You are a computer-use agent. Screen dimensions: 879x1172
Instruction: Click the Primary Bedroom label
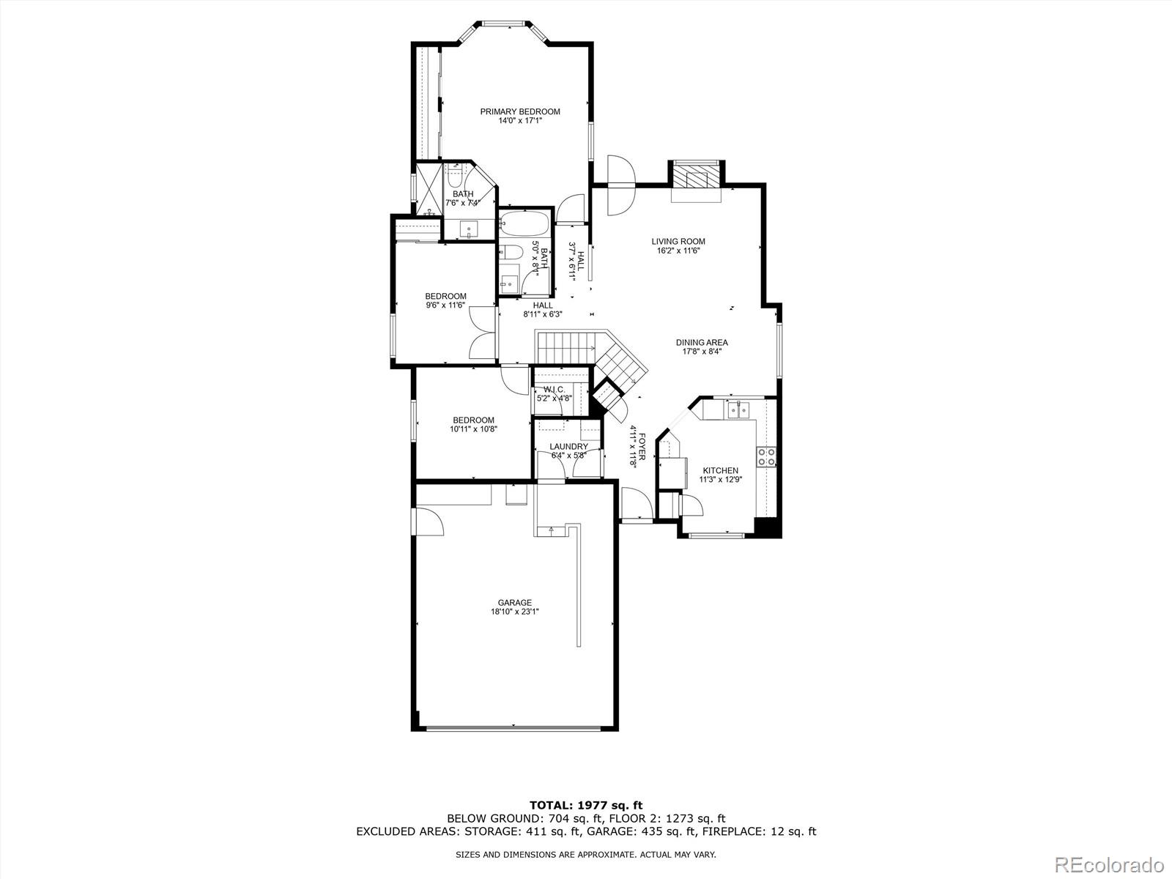point(520,111)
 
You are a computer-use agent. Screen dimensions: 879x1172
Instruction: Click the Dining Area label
point(701,342)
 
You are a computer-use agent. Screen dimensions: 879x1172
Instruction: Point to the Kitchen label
point(720,470)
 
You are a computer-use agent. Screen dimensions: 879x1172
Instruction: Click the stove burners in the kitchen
point(767,457)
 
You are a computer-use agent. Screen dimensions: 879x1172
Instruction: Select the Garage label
point(514,603)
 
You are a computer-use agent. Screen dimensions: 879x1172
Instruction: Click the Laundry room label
point(568,446)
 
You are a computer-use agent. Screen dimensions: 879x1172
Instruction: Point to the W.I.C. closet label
point(554,389)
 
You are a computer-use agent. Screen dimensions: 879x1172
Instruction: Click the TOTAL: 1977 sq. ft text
point(586,805)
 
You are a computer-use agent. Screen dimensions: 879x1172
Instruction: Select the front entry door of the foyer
point(634,505)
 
